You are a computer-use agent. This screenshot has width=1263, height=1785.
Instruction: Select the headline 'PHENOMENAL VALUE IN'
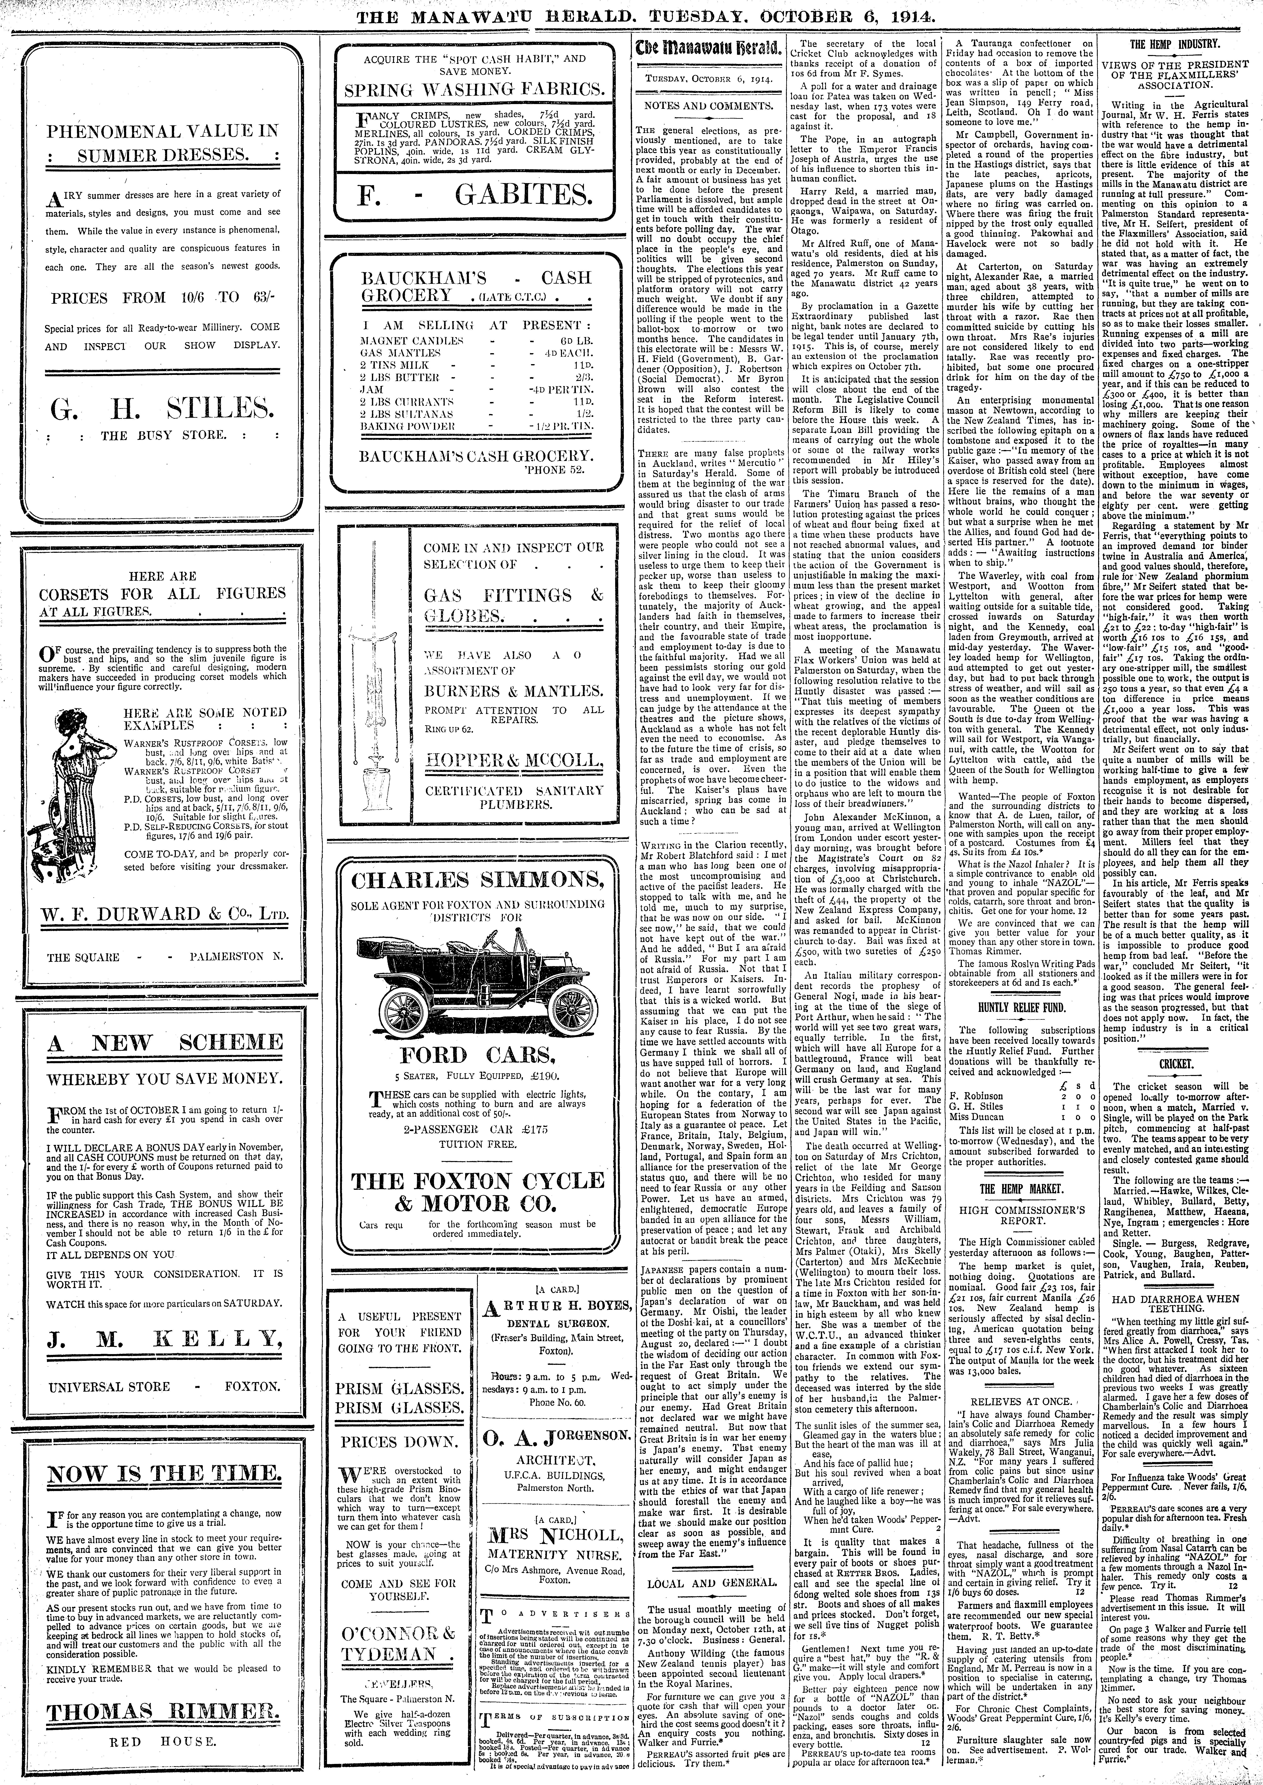162,131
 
